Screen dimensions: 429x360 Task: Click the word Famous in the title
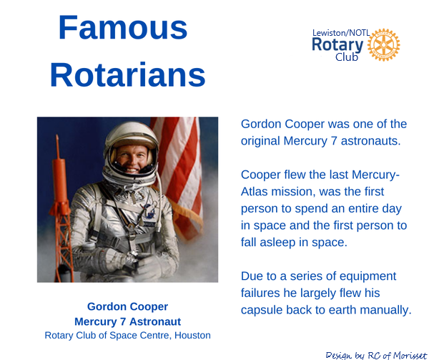123,28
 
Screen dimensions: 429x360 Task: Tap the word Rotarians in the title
127,74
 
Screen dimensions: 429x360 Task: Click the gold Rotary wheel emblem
383,44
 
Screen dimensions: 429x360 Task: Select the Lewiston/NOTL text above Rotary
341,33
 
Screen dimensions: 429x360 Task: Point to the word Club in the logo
347,57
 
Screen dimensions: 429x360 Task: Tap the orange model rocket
61,208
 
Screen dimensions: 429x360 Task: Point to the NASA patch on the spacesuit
149,211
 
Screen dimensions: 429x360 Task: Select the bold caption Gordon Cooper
127,306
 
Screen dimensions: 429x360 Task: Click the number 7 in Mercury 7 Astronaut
123,321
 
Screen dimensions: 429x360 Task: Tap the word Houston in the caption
192,336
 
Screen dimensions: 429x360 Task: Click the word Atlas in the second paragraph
254,192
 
